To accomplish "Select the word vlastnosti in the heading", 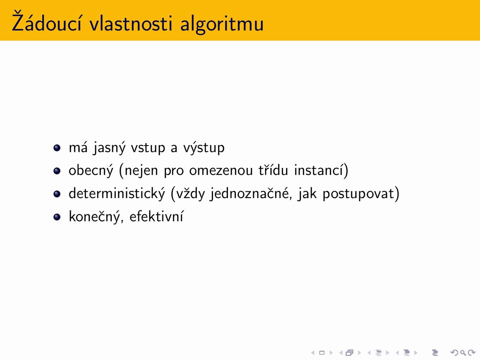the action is tap(131, 23).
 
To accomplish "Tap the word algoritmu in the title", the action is tap(222, 24).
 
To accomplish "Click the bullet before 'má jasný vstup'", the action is tap(57, 148).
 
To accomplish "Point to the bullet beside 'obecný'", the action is tap(57, 171).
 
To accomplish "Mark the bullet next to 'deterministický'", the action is tap(57, 194).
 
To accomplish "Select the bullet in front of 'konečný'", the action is tap(57, 217).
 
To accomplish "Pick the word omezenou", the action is tap(221, 171).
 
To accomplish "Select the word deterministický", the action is tap(117, 193).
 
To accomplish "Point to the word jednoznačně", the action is tap(249, 193).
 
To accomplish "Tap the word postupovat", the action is tap(358, 194).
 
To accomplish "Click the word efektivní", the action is tap(157, 216).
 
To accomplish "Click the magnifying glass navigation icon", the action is tap(463, 352).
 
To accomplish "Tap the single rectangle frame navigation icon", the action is tap(322, 352).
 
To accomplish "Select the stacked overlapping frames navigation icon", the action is tap(349, 352).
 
